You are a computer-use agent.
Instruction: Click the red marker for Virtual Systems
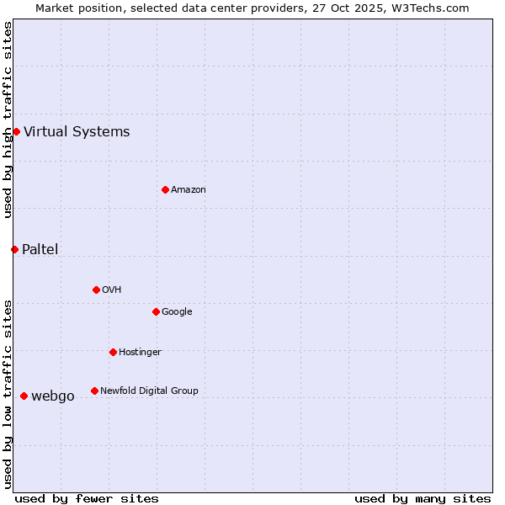(16, 131)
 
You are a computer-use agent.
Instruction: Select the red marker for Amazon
(165, 189)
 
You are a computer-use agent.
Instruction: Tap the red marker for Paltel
(14, 249)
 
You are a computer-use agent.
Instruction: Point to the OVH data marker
(96, 290)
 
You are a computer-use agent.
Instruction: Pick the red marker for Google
(156, 311)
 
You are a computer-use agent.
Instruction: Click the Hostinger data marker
(113, 352)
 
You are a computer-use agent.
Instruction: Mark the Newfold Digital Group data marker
(94, 391)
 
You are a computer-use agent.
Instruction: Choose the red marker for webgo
(24, 396)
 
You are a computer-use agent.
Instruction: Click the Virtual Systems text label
(77, 131)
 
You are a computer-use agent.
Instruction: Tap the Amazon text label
(189, 189)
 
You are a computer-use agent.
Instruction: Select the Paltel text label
(40, 249)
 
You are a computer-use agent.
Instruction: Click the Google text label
(177, 311)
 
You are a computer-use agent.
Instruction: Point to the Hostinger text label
(140, 352)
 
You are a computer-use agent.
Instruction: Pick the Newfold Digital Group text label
(149, 391)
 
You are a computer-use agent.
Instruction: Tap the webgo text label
(53, 396)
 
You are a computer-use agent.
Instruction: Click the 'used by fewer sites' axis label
(87, 498)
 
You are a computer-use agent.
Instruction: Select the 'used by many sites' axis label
(423, 498)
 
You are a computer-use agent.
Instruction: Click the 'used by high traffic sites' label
(8, 120)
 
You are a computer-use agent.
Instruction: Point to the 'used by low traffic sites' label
(8, 393)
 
